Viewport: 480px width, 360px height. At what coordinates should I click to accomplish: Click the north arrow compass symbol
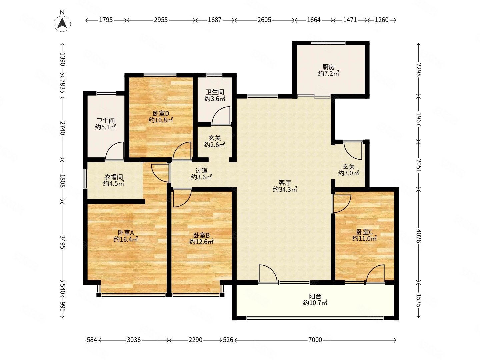(x=62, y=23)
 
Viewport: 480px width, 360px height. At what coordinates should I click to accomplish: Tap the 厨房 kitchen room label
(x=328, y=67)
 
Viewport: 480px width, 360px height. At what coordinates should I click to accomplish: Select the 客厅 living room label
(x=285, y=183)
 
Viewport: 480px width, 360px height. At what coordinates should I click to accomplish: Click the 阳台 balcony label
(x=315, y=296)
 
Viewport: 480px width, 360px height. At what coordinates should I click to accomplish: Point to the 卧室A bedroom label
(x=126, y=233)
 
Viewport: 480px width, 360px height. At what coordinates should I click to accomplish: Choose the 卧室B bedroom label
(x=201, y=235)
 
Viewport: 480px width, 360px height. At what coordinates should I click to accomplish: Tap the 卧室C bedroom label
(x=365, y=232)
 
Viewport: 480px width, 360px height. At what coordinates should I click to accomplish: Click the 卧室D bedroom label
(x=161, y=113)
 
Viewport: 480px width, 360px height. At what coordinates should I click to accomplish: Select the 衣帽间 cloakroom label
(x=113, y=177)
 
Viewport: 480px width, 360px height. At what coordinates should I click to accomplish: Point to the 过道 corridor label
(x=201, y=170)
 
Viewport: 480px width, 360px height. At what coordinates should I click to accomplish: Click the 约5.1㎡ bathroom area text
(x=105, y=127)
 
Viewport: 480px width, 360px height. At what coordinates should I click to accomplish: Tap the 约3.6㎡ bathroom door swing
(x=221, y=115)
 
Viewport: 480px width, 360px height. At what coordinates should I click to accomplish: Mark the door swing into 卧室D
(x=182, y=151)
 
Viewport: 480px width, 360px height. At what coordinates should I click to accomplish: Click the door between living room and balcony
(x=268, y=274)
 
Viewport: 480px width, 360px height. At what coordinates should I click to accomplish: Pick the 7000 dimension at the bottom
(x=315, y=340)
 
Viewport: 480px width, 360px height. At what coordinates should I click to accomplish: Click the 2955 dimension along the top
(x=161, y=20)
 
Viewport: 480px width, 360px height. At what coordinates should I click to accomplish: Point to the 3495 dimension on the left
(x=62, y=242)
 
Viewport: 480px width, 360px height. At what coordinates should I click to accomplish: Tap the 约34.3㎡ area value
(x=285, y=189)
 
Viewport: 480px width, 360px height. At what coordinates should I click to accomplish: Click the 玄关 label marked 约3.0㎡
(x=349, y=167)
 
